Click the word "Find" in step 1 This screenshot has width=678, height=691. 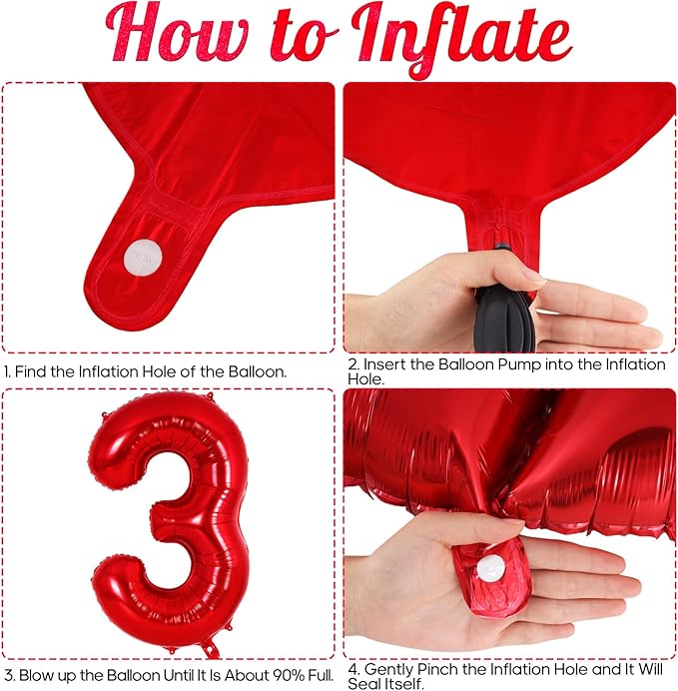tap(31, 371)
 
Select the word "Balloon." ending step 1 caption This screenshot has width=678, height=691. tap(258, 371)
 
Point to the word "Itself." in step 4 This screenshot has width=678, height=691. tap(404, 684)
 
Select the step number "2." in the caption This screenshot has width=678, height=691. tap(353, 364)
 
